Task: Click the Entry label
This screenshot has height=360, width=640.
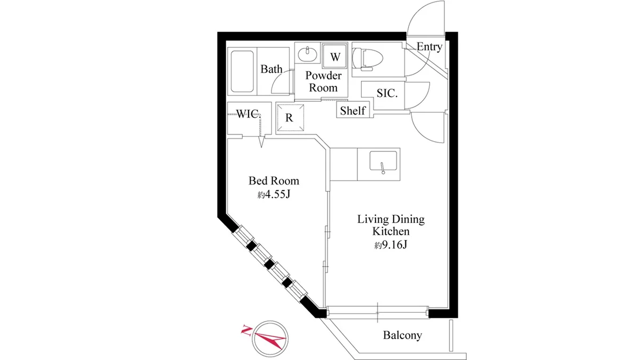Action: [x=429, y=46]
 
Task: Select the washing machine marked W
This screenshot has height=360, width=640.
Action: [x=335, y=56]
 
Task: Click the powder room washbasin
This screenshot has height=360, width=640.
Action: [x=307, y=54]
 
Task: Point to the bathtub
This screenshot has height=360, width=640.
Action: [x=242, y=71]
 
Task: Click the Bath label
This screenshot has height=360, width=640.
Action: [x=271, y=69]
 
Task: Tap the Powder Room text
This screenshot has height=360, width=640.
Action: [x=323, y=82]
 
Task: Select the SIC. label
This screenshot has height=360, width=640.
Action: [x=387, y=93]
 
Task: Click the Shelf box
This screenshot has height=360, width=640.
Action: [x=353, y=110]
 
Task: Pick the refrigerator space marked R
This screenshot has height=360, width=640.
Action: [x=290, y=118]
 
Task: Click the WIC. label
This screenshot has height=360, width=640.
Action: [x=249, y=114]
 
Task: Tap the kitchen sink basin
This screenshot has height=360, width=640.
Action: [x=383, y=161]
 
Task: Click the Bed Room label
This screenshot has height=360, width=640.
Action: [x=274, y=181]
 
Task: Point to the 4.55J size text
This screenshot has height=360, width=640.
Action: [x=274, y=195]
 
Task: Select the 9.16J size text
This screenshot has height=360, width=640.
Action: [x=391, y=245]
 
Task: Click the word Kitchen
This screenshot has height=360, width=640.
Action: [x=391, y=231]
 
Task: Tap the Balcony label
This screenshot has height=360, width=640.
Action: [x=403, y=335]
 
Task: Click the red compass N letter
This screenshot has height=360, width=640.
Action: [x=246, y=330]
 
